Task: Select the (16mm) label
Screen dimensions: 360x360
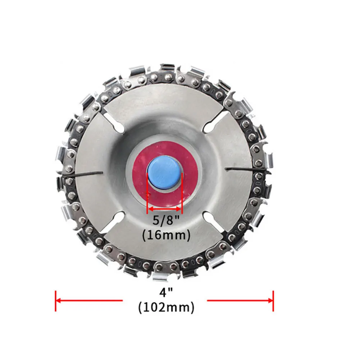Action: [165, 235]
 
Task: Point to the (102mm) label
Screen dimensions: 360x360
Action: [165, 307]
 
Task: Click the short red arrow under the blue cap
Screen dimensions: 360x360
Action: [165, 209]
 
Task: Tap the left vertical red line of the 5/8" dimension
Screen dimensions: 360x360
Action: [148, 192]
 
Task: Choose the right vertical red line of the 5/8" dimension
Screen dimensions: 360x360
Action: [182, 192]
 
